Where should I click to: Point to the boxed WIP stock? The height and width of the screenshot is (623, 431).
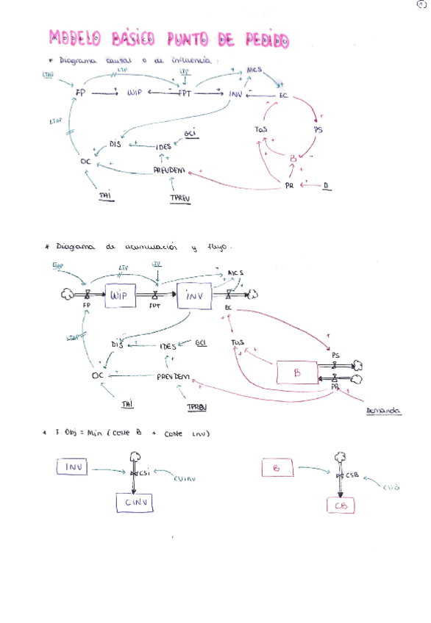[119, 295]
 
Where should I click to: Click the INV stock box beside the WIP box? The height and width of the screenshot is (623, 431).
[194, 295]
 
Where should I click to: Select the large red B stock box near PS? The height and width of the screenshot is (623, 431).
[297, 372]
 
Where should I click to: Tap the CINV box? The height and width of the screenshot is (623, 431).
[138, 503]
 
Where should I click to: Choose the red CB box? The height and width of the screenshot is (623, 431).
[340, 506]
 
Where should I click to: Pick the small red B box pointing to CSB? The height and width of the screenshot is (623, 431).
[277, 467]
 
